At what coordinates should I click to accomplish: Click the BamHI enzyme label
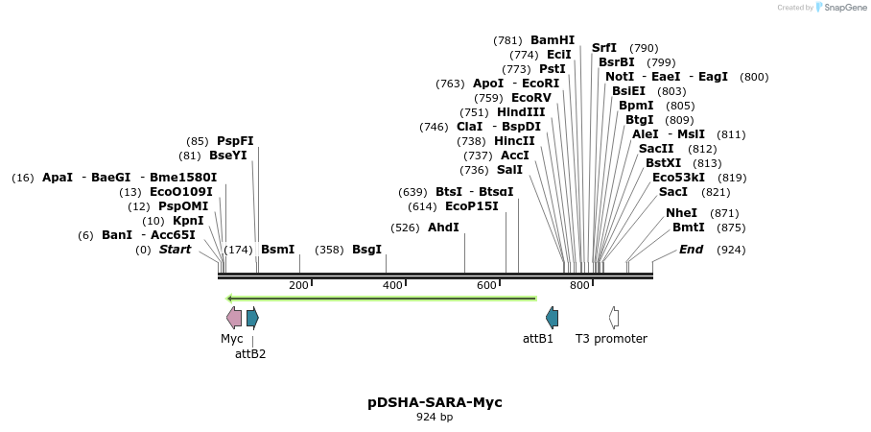pyautogui.click(x=553, y=40)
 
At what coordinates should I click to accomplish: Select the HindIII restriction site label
pyautogui.click(x=521, y=112)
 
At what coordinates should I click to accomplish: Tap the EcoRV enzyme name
pyautogui.click(x=531, y=98)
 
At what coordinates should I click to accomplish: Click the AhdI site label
pyautogui.click(x=443, y=228)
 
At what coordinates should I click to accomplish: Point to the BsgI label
pyautogui.click(x=366, y=250)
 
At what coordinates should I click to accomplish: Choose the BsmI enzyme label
pyautogui.click(x=278, y=250)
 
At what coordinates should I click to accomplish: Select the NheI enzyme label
pyautogui.click(x=681, y=213)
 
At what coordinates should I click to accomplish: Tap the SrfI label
pyautogui.click(x=604, y=48)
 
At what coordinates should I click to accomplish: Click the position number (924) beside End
pyautogui.click(x=731, y=250)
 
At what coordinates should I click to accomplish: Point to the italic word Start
pyautogui.click(x=175, y=250)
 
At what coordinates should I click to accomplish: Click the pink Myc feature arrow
pyautogui.click(x=234, y=318)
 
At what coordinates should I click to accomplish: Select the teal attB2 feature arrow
pyautogui.click(x=252, y=318)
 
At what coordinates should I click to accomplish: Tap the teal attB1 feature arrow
pyautogui.click(x=552, y=318)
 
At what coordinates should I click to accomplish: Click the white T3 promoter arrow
pyautogui.click(x=614, y=318)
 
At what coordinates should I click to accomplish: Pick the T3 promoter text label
pyautogui.click(x=611, y=339)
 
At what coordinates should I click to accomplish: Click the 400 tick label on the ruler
pyautogui.click(x=392, y=286)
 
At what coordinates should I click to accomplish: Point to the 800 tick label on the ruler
pyautogui.click(x=579, y=286)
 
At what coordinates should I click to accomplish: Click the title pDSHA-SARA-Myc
pyautogui.click(x=435, y=402)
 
